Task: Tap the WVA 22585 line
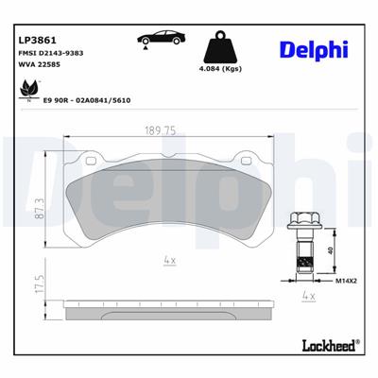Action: (39, 70)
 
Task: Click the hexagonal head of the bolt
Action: (304, 222)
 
